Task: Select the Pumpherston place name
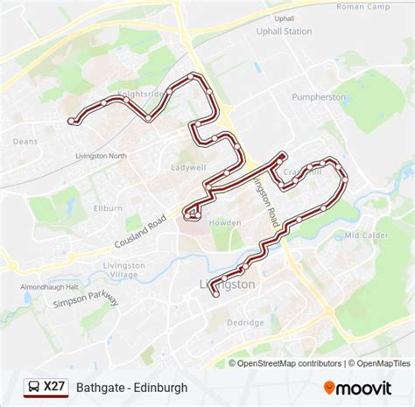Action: [319, 97]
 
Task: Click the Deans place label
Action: [25, 140]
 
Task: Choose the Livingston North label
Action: [102, 156]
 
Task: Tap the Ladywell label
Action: [188, 166]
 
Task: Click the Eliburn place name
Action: [107, 208]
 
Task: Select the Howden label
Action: [225, 223]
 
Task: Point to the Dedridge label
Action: [245, 322]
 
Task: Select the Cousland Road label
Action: [139, 230]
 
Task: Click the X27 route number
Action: [54, 386]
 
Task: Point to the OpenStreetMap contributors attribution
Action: [285, 363]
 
